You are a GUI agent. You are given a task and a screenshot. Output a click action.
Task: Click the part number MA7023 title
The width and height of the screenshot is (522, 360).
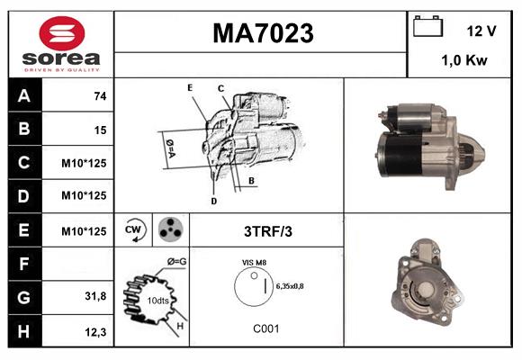coord(263,33)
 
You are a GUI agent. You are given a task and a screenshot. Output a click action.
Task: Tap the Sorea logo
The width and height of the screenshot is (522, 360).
coord(60,45)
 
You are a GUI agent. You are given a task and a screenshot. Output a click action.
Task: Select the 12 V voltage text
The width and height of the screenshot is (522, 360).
coord(481,31)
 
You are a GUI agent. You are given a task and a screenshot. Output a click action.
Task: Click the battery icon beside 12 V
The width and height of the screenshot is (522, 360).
coord(427,28)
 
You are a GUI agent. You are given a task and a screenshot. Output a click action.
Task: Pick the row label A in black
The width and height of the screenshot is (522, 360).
coord(23,95)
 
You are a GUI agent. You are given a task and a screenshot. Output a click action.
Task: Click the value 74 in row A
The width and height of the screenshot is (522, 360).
coord(99,96)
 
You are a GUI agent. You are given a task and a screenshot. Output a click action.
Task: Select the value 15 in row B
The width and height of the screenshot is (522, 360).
coord(100,130)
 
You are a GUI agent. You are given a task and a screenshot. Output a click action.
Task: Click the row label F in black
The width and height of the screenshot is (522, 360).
coord(23,265)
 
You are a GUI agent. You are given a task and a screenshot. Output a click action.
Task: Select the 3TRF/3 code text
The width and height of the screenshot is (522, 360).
coord(269,231)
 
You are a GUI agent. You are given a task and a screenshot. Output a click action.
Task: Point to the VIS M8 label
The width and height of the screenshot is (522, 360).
coord(254,264)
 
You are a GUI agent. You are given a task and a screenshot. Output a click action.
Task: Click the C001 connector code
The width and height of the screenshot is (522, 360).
coord(266,329)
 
